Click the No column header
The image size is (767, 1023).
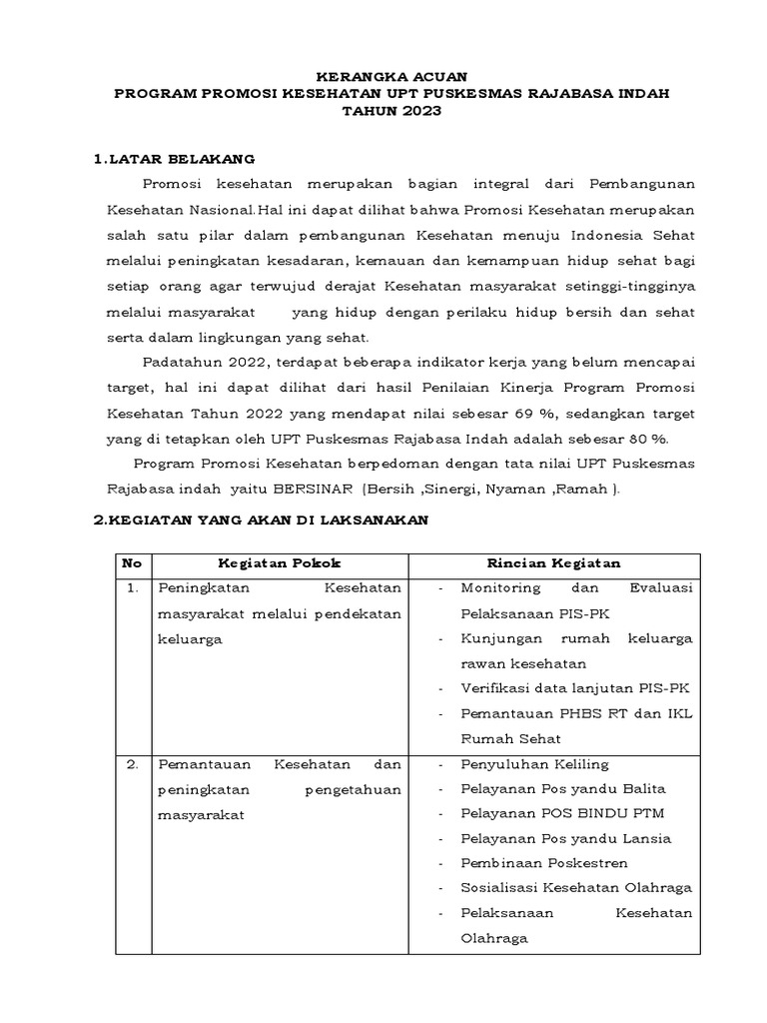[x=131, y=562]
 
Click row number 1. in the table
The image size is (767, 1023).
[x=132, y=588]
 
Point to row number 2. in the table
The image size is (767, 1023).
[x=132, y=764]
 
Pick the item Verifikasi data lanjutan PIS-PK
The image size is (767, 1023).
[x=574, y=688]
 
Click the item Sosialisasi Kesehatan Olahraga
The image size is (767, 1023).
[x=576, y=888]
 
